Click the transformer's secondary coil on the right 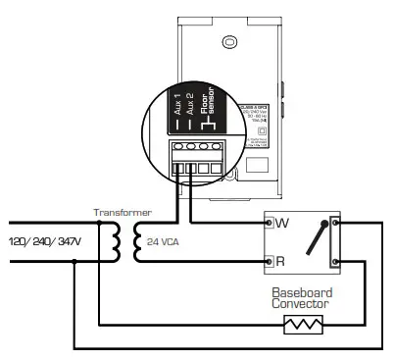pos(135,240)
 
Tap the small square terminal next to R pos(269,263)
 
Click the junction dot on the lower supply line pos(74,262)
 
